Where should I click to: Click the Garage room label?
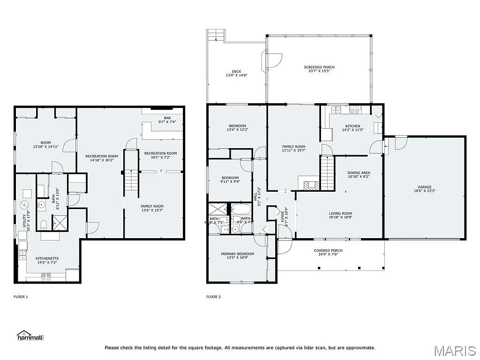point(425,187)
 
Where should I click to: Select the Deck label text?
point(236,72)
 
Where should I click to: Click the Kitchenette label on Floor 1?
point(47,258)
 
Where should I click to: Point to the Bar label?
point(167,118)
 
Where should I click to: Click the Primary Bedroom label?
point(237,254)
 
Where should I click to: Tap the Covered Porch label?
point(328,250)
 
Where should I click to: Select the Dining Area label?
point(359,173)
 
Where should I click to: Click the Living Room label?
point(340,214)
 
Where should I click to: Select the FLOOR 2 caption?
point(213,297)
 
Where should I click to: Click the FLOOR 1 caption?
point(21,297)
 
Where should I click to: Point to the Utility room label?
point(25,220)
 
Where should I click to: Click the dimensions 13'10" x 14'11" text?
point(45,147)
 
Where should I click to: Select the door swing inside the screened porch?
point(274,58)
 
